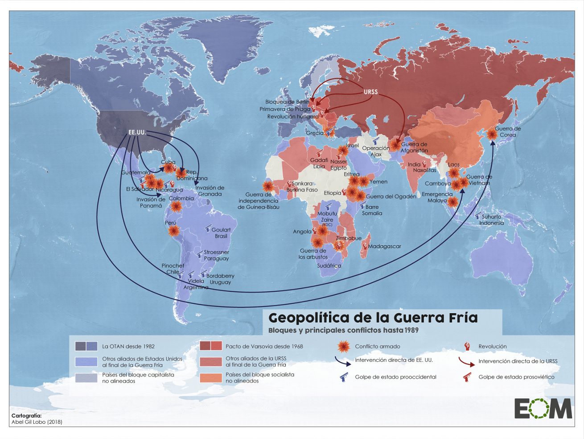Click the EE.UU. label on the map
pyautogui.click(x=137, y=133)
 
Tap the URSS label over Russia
pyautogui.click(x=370, y=92)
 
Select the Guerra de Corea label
pyautogui.click(x=507, y=132)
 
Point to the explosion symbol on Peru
pyautogui.click(x=173, y=231)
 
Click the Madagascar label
pyautogui.click(x=384, y=246)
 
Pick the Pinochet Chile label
pyautogui.click(x=173, y=269)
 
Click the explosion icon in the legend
pyautogui.click(x=343, y=346)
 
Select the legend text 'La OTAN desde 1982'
pyautogui.click(x=128, y=346)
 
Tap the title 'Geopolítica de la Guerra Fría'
pyautogui.click(x=373, y=318)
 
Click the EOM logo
pyautogui.click(x=543, y=409)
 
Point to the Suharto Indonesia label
pyautogui.click(x=491, y=219)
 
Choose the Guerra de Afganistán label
pyautogui.click(x=414, y=147)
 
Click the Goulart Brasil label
pyautogui.click(x=221, y=233)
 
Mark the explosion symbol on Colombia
pyautogui.click(x=176, y=206)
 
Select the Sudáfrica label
pyautogui.click(x=329, y=265)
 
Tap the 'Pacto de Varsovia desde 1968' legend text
pyautogui.click(x=264, y=346)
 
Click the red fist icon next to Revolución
pyautogui.click(x=467, y=346)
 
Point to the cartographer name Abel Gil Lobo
pyautogui.click(x=37, y=422)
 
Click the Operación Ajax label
pyautogui.click(x=375, y=151)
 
